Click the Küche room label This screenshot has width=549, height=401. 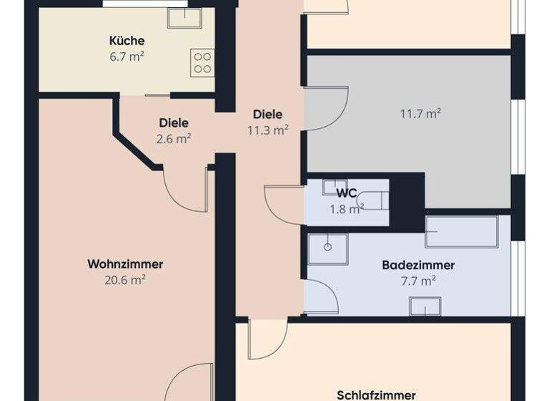pos(127,40)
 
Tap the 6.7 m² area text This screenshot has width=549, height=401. pos(127,57)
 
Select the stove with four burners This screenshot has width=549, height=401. pos(202,62)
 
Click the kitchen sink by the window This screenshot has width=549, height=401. pos(184,18)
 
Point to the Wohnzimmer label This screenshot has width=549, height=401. pos(125,264)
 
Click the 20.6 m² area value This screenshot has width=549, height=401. pos(125,280)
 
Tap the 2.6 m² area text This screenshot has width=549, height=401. pos(174,138)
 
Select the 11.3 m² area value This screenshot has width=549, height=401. pos(267,130)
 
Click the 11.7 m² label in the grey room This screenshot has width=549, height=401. pos(420,112)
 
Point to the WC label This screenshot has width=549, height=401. pos(347,192)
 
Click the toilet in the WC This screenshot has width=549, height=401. pos(374,200)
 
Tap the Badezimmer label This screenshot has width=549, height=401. pos(418,265)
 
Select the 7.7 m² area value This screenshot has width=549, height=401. pos(418,281)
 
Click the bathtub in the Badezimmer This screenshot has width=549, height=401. pos(461,232)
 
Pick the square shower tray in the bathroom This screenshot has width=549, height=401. pos(328,248)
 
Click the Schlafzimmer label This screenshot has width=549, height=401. pos(377,395)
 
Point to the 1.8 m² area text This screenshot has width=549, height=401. pos(347,208)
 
